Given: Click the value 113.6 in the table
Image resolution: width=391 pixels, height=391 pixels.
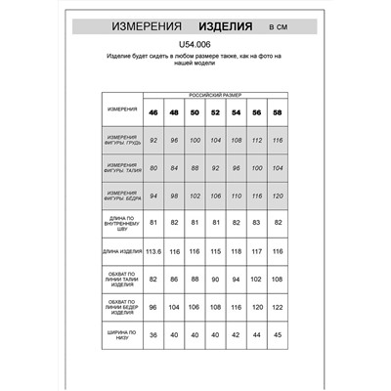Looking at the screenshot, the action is tap(152, 251).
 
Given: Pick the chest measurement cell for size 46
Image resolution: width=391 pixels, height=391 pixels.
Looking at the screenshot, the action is tap(152, 140).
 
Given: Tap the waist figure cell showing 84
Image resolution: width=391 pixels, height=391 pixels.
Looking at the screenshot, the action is tap(173, 167).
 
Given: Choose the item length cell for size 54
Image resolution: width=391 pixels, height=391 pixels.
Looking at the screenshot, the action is tap(236, 251).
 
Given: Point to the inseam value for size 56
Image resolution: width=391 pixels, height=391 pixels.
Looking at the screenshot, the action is tap(256, 223).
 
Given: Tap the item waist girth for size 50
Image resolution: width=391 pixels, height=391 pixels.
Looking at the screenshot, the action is tap(195, 279).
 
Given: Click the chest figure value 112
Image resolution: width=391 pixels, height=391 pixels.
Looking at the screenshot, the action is tap(256, 140).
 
